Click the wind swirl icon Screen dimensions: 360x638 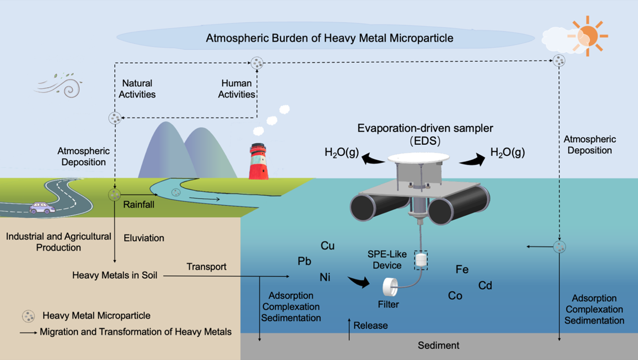[x=59, y=86]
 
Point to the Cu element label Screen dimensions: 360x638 [x=328, y=246]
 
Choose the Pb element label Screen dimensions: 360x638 [x=304, y=261]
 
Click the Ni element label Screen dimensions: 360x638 [x=325, y=277]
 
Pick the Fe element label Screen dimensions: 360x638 [x=462, y=270]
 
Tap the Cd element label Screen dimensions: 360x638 [x=485, y=286]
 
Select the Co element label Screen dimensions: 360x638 [x=455, y=296]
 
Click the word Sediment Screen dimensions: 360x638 [x=438, y=346]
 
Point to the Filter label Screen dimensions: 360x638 [x=389, y=305]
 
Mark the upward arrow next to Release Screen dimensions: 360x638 [x=349, y=329]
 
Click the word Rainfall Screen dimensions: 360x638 [x=139, y=205]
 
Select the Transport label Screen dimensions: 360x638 [x=206, y=267]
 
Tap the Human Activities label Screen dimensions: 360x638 [x=237, y=89]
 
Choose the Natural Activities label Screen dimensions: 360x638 [x=137, y=89]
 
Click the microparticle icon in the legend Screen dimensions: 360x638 [x=28, y=316]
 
